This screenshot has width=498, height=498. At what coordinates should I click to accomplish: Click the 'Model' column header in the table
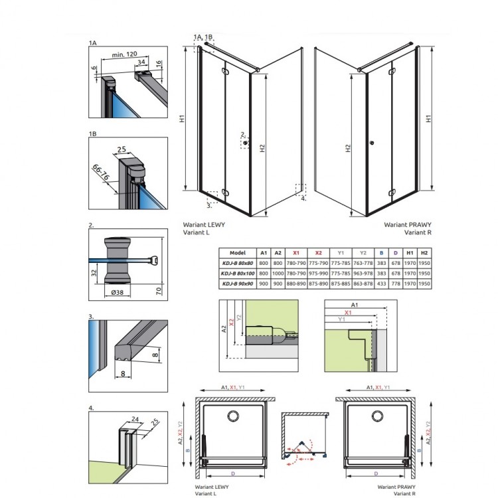pos(238,253)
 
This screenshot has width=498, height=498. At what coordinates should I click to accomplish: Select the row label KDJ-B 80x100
pos(238,273)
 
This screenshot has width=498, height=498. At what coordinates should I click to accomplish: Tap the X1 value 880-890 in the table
pos(297,284)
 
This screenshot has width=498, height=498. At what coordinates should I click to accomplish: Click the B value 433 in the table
pos(381,284)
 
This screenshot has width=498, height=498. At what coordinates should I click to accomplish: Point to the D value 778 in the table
pos(396,284)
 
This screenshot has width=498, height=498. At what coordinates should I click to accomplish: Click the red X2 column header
pos(319,253)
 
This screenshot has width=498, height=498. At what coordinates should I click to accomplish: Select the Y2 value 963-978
pos(363,273)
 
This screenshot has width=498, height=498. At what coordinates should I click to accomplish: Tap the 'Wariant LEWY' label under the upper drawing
pos(204,225)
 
